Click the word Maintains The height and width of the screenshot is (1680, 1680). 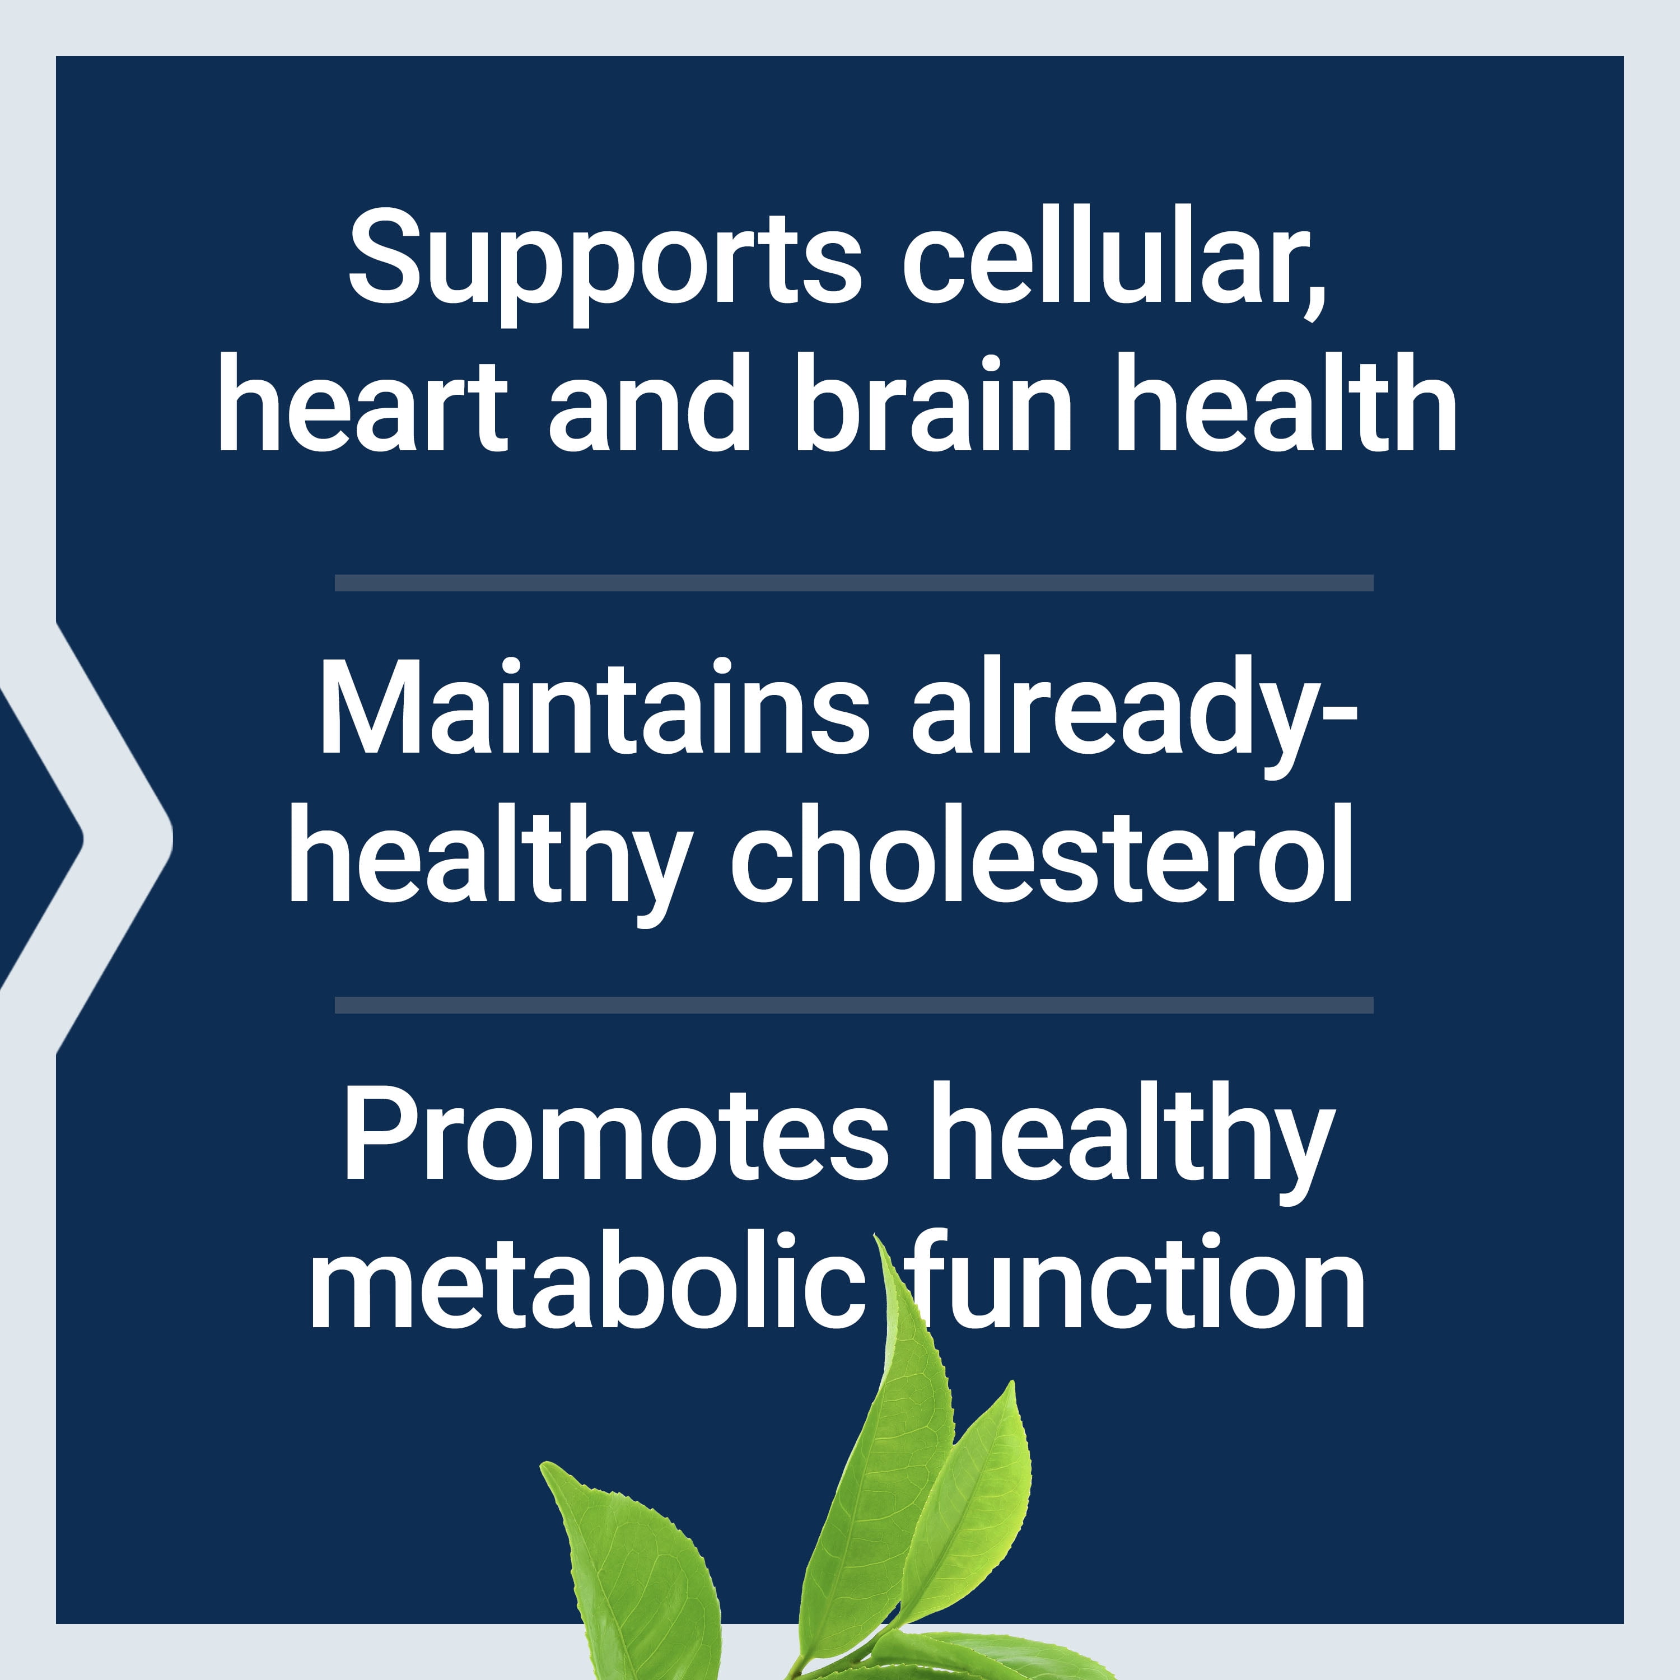595,706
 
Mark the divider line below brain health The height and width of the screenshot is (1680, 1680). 854,582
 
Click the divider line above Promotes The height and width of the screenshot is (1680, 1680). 854,1005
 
